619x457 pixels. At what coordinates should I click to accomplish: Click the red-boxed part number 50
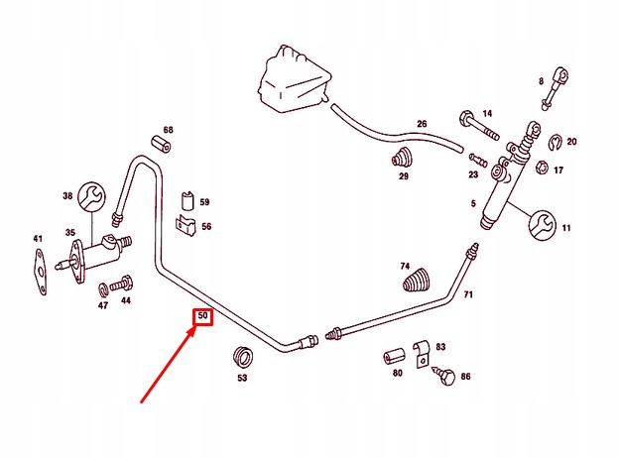coord(202,316)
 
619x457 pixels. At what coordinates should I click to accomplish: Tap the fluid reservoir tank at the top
coord(294,79)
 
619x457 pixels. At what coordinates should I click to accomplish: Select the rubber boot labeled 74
coord(418,281)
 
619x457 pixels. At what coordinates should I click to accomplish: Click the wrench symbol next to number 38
coord(92,196)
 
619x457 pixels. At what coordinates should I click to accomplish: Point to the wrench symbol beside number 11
coord(544,225)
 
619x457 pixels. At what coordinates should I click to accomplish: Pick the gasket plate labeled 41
coord(40,272)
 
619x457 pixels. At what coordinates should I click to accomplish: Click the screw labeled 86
coord(444,375)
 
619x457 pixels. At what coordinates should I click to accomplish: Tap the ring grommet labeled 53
coord(242,357)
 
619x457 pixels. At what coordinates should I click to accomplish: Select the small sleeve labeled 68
coord(163,145)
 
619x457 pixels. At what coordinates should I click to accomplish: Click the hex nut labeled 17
coord(542,168)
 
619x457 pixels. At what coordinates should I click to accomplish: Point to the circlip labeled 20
coord(556,142)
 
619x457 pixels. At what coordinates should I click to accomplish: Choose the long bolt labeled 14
coord(478,125)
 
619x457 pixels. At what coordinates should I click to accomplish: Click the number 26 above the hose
coord(422,124)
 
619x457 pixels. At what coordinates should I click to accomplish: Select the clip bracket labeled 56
coord(186,226)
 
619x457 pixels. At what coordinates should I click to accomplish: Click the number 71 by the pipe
coord(468,294)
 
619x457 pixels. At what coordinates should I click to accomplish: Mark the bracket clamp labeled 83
coord(422,354)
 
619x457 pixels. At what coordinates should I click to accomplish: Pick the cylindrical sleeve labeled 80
coord(394,356)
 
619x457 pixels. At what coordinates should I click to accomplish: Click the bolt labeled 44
coord(121,283)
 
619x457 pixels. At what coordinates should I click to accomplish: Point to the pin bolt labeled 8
coord(555,88)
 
